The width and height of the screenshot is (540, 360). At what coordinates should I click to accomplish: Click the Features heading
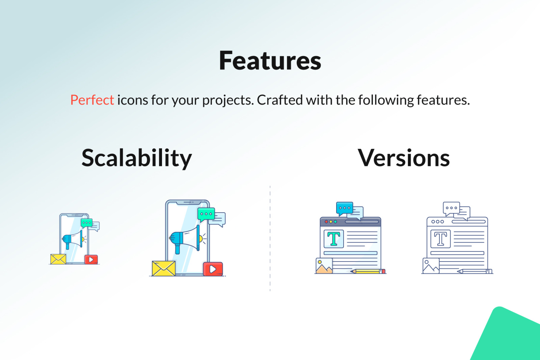(270, 60)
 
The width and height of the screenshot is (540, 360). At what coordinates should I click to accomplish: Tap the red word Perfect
(92, 100)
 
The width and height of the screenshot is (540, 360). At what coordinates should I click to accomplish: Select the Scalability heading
(137, 158)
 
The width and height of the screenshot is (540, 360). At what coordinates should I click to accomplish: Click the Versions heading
(404, 158)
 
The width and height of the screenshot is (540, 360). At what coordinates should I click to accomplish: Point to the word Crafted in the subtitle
(280, 100)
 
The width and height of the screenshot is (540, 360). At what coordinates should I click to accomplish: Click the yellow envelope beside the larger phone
(164, 268)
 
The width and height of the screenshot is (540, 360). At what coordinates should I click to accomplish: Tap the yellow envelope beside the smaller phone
(58, 259)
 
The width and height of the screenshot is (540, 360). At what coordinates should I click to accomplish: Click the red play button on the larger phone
(213, 269)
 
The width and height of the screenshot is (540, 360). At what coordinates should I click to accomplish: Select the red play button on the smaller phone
(91, 259)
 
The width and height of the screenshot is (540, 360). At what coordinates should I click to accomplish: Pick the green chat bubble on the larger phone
(206, 214)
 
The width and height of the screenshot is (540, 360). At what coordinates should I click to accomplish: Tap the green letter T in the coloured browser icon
(334, 239)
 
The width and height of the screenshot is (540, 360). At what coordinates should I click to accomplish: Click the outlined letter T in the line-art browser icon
(440, 239)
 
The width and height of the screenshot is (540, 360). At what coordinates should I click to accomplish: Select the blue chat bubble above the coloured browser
(345, 209)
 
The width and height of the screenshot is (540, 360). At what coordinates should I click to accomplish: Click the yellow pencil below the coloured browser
(368, 271)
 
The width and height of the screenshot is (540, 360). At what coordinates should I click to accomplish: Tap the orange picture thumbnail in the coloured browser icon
(324, 266)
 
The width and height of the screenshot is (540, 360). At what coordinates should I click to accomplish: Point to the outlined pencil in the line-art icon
(475, 271)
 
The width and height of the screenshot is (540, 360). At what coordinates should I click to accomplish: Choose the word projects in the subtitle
(228, 100)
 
